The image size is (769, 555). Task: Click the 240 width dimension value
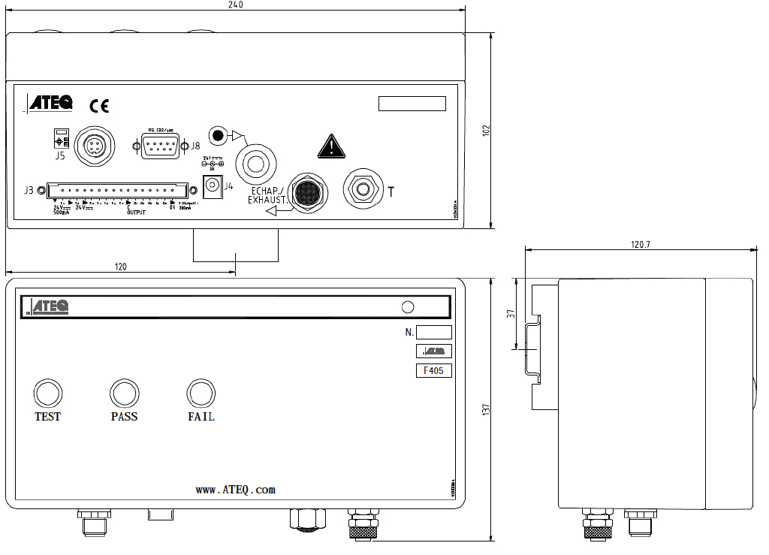(x=234, y=5)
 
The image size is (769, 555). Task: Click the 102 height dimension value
(x=486, y=130)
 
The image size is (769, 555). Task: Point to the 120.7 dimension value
(x=640, y=244)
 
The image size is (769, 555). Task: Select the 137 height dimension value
(x=486, y=410)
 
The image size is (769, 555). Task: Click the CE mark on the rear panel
(x=99, y=105)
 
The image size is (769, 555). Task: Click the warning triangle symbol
(x=330, y=146)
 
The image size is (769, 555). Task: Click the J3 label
(x=29, y=190)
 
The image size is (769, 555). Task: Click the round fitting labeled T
(x=363, y=188)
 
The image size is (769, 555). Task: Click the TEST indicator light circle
(x=48, y=393)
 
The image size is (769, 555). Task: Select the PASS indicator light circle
(x=124, y=393)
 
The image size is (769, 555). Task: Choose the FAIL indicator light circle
(x=201, y=393)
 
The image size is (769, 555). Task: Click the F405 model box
(x=433, y=370)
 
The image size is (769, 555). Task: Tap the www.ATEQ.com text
(x=236, y=490)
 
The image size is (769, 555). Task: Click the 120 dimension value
(x=121, y=267)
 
